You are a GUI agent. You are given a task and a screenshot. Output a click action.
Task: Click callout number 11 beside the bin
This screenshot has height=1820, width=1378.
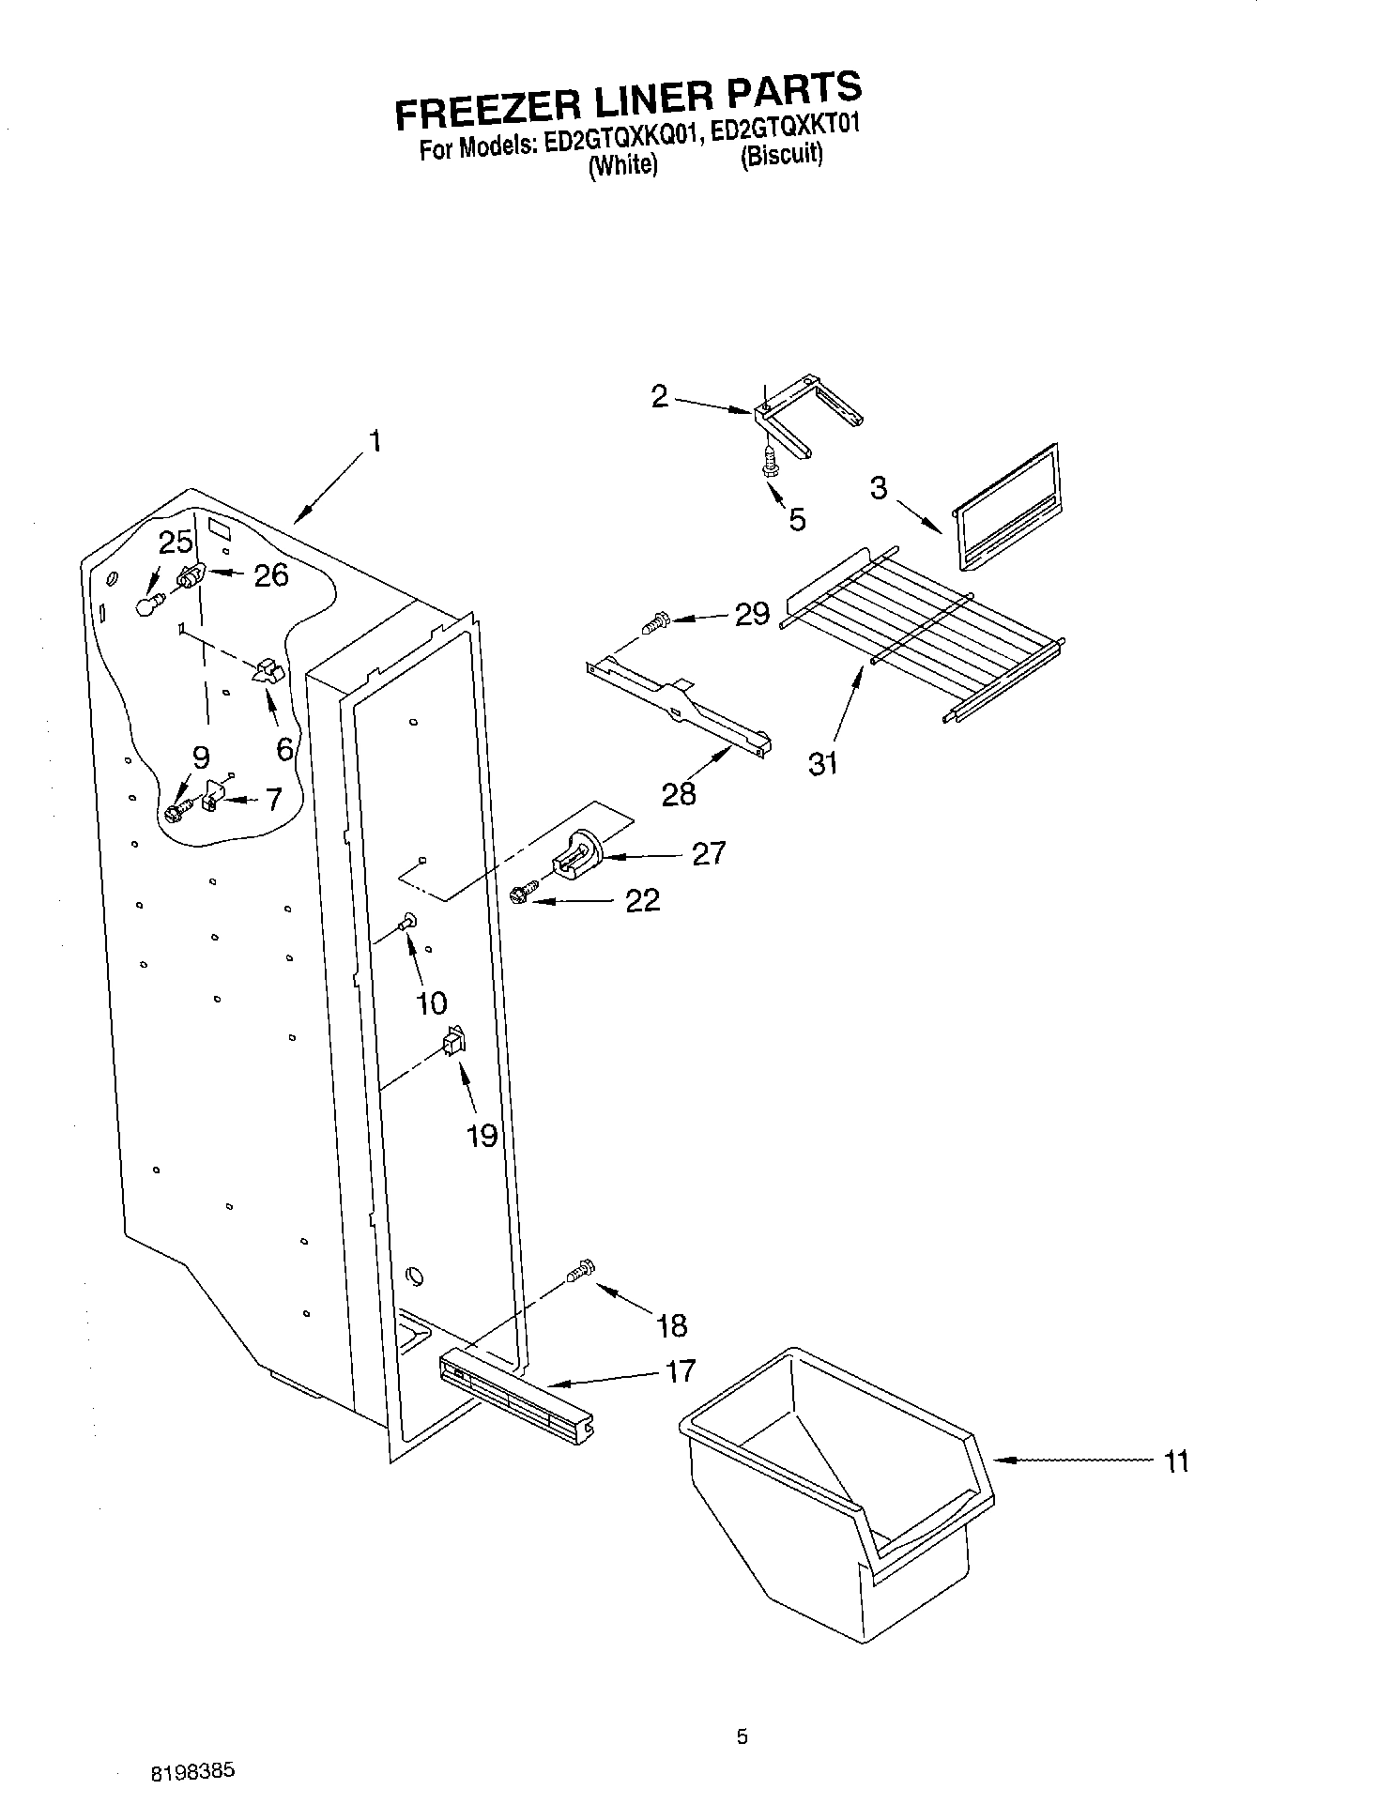tap(1175, 1461)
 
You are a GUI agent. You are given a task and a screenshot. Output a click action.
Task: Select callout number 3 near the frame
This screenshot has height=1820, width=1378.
tap(879, 489)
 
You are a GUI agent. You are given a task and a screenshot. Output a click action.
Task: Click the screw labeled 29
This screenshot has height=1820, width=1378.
tap(655, 620)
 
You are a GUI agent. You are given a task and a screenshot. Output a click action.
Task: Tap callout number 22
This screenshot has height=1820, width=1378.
tap(643, 901)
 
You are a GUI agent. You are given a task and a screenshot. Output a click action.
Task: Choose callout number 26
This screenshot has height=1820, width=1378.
tap(270, 574)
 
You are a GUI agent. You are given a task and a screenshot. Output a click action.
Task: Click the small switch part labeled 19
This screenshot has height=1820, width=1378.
tap(454, 1041)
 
